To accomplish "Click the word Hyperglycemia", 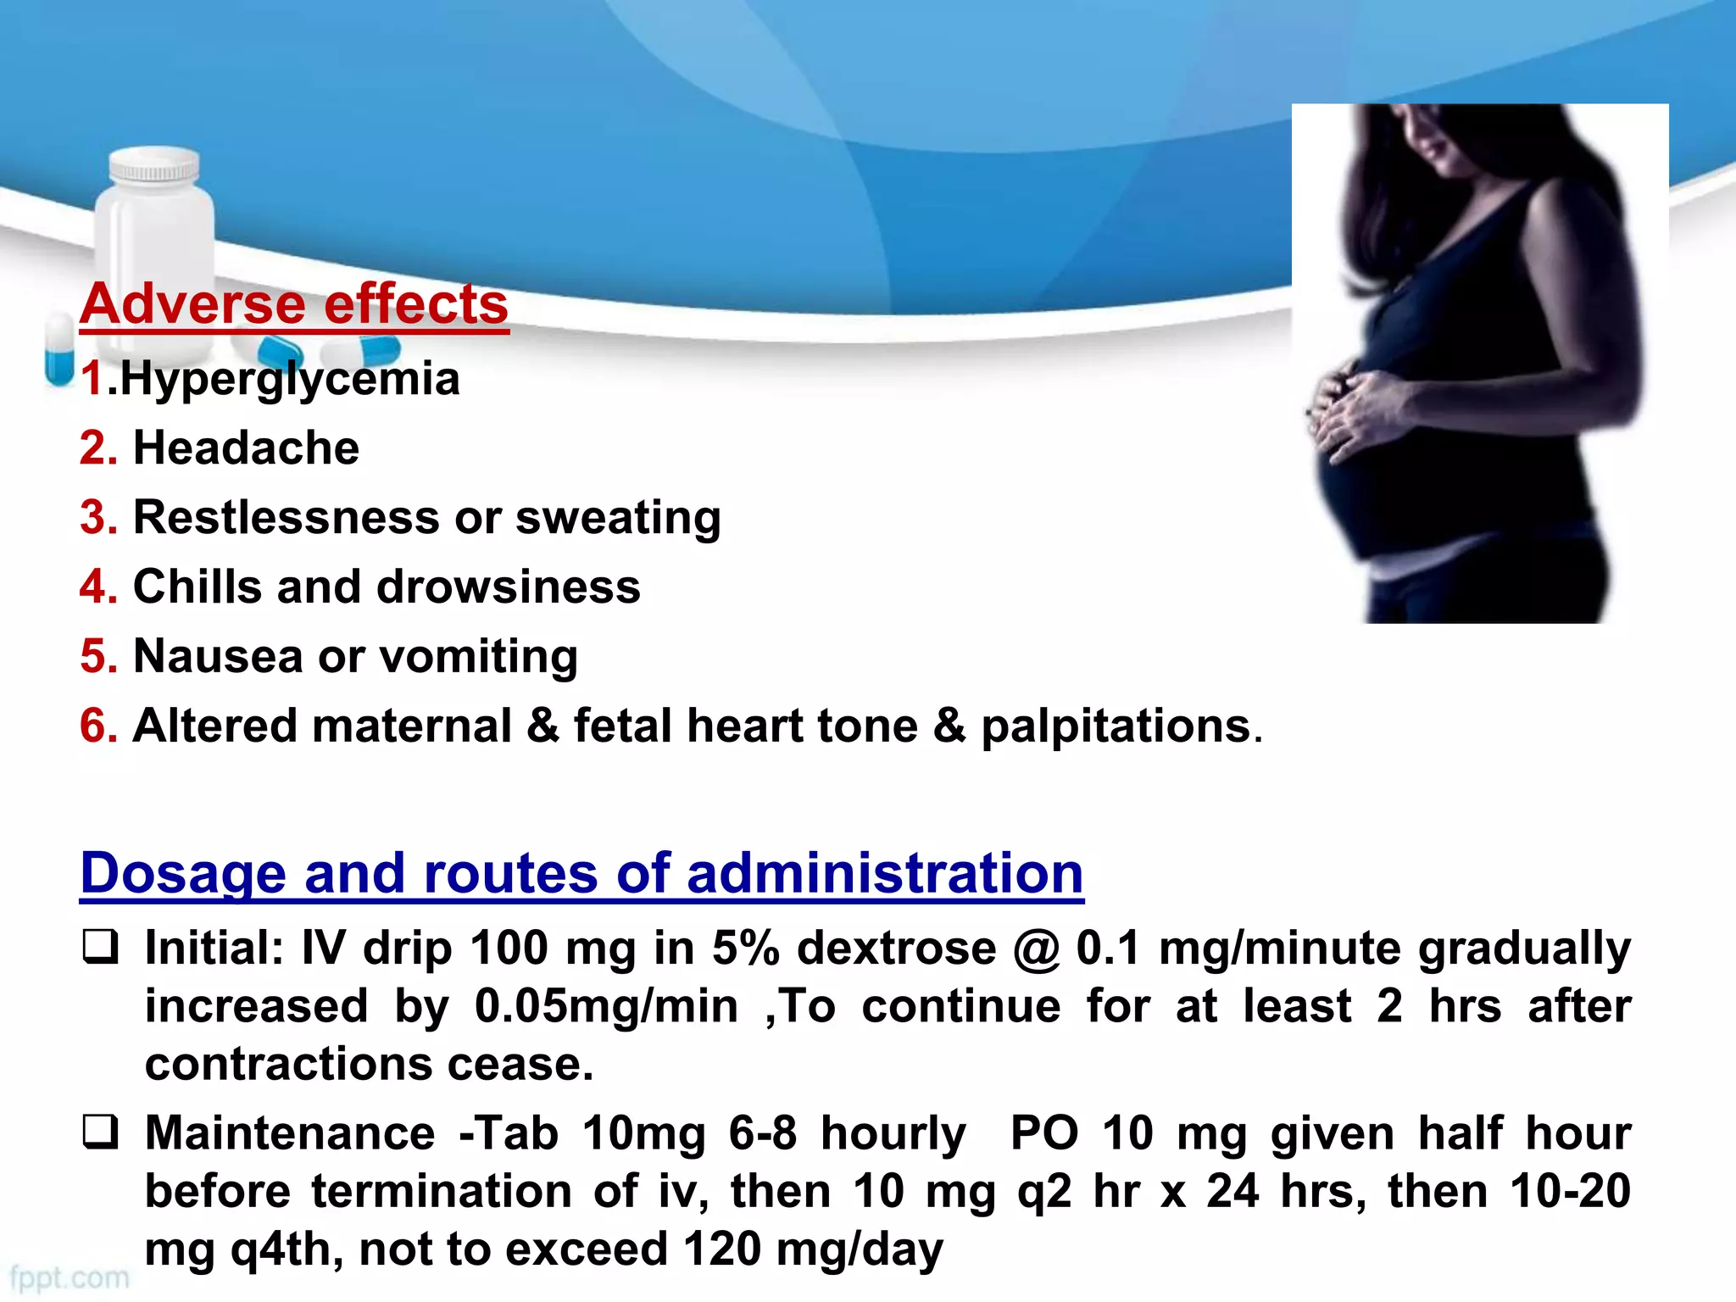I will (290, 379).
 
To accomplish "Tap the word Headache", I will (246, 448).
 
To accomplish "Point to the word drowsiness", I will (509, 587).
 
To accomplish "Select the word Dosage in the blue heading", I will (183, 873).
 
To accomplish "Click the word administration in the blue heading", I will (885, 873).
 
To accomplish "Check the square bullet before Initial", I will (100, 948).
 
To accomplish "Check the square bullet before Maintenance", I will (100, 1133).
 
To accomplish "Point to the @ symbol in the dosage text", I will (1036, 949).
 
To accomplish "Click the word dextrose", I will (896, 949).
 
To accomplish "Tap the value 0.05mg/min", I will (606, 1006).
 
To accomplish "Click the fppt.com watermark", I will (70, 1277).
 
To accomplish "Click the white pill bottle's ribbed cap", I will (154, 166).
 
